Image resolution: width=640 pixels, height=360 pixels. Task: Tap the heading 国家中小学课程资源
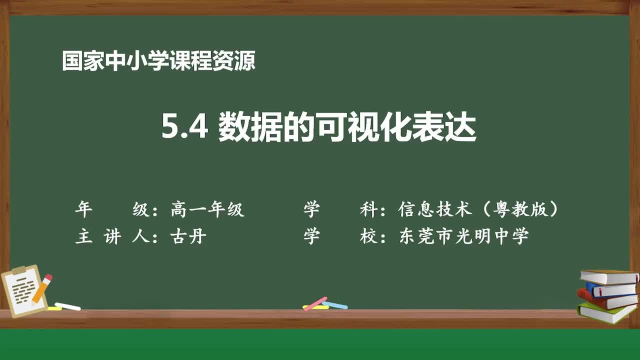pos(158,61)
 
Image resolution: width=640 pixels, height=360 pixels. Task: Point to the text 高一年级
pos(207,209)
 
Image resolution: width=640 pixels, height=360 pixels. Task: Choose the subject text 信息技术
pos(435,209)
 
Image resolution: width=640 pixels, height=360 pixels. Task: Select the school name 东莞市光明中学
pos(463,236)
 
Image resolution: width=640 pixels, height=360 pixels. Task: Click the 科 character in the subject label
pos(368,209)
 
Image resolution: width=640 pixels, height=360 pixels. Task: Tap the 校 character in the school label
pos(368,236)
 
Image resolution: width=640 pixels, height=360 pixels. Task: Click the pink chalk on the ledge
pos(315,303)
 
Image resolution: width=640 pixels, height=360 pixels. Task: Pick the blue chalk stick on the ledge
pos(334,304)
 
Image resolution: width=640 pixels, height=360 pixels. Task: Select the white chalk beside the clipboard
pos(67,306)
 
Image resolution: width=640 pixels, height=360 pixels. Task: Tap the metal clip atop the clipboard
pos(19,270)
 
